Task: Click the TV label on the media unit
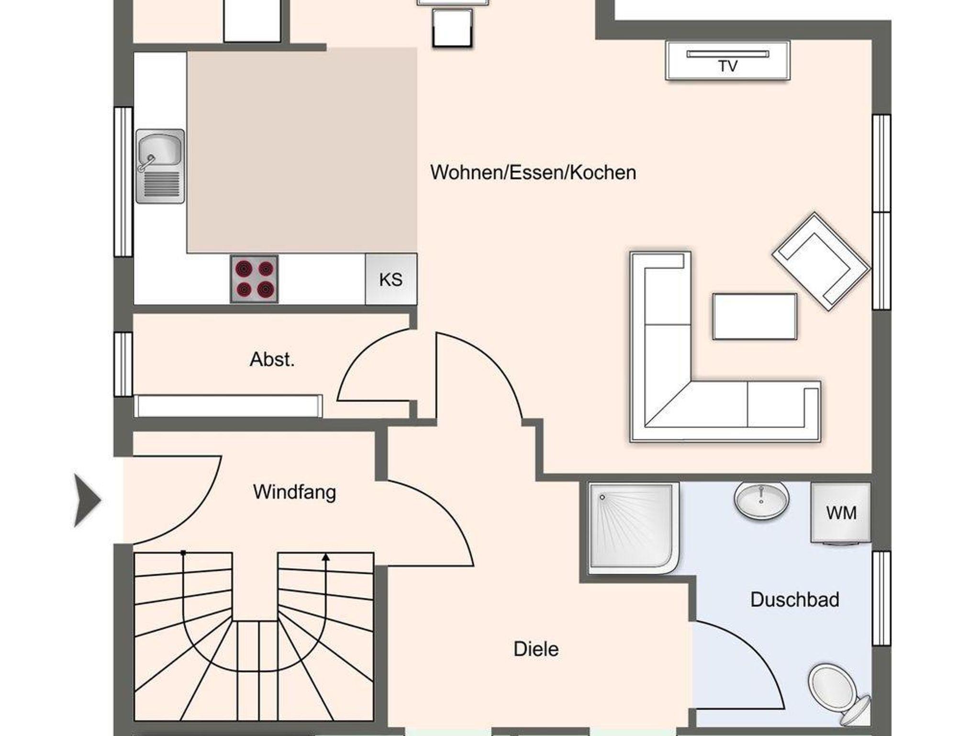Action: click(x=727, y=66)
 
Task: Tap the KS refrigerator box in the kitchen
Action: click(x=391, y=279)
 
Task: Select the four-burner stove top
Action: click(x=254, y=279)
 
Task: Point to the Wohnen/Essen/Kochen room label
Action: click(x=533, y=172)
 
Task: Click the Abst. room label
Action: click(x=272, y=359)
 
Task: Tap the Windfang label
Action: click(x=294, y=492)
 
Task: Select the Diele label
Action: click(x=536, y=649)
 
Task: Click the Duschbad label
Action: click(x=794, y=600)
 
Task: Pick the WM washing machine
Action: click(x=841, y=513)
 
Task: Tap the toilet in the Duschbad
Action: click(x=838, y=692)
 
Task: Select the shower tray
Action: click(x=634, y=528)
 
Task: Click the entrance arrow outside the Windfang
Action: click(x=87, y=500)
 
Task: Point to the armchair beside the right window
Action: click(x=821, y=261)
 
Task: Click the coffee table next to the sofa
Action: click(x=755, y=316)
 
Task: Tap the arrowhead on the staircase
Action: click(x=326, y=557)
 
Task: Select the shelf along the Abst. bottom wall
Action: click(x=228, y=406)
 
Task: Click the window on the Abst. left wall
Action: click(x=123, y=364)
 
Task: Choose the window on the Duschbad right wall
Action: click(x=881, y=598)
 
